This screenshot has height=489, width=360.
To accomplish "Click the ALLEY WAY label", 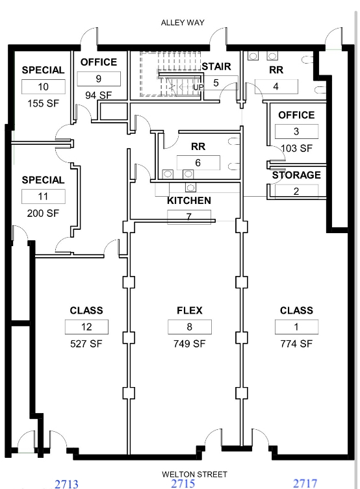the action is click(x=183, y=23).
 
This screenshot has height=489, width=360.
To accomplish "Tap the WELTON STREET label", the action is click(x=194, y=474).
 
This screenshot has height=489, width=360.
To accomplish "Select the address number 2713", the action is click(x=66, y=484).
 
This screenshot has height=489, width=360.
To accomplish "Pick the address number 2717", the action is click(x=305, y=484).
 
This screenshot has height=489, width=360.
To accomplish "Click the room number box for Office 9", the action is click(x=99, y=79).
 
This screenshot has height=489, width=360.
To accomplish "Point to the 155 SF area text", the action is click(x=43, y=103).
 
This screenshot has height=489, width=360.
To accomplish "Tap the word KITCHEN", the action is click(x=189, y=201).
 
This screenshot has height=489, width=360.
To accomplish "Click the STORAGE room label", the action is click(x=296, y=175).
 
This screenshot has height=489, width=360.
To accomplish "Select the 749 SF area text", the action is click(x=189, y=344).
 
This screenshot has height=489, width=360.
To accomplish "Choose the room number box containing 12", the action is click(x=86, y=327).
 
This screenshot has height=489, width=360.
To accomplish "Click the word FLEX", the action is click(x=190, y=310).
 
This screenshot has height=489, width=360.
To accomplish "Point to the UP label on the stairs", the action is click(x=198, y=87).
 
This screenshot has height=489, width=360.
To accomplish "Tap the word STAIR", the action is click(x=216, y=66).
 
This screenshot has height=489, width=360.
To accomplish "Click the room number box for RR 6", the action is click(x=198, y=162).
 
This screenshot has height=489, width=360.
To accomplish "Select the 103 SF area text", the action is click(x=296, y=148).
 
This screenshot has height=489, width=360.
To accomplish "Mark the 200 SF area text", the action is click(x=43, y=213).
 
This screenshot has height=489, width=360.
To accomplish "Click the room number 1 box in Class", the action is click(x=296, y=327).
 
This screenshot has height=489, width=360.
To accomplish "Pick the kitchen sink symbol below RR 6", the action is click(x=190, y=188).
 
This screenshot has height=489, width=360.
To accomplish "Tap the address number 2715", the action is click(x=183, y=483).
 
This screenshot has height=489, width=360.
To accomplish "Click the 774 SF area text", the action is click(x=296, y=344).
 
